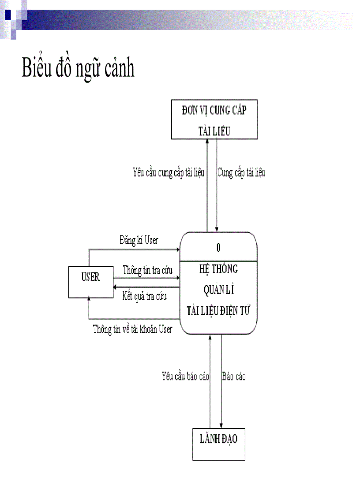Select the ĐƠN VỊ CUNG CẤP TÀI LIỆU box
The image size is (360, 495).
(214, 119)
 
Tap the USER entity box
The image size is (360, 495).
(90, 282)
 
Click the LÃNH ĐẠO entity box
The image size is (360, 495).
(218, 444)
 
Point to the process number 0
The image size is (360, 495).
(218, 248)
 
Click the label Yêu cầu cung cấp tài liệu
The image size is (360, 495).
(169, 172)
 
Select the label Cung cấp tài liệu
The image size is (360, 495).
(241, 172)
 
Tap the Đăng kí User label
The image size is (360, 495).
(139, 241)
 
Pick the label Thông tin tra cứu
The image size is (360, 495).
(147, 270)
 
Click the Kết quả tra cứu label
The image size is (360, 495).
(144, 296)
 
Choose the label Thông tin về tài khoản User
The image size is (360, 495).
(132, 329)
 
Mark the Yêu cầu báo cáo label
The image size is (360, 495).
(185, 376)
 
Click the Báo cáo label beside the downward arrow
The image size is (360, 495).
(234, 376)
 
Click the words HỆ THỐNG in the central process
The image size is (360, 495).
(218, 268)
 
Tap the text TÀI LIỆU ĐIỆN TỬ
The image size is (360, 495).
(218, 311)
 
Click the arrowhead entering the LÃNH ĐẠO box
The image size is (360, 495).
(221, 425)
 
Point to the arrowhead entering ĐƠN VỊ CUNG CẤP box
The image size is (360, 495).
(207, 141)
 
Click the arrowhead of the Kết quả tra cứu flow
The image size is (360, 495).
(115, 287)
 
